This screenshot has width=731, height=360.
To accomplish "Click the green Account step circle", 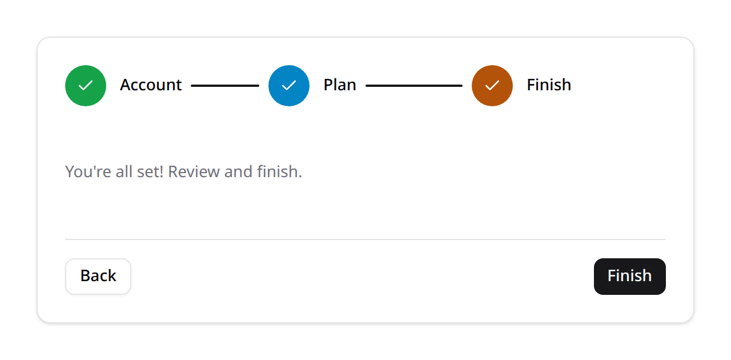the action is pos(86,86).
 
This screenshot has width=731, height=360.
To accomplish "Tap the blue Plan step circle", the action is pos(289,86).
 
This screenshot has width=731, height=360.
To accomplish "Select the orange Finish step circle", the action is pos(492,86).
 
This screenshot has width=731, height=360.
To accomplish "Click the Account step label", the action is pos(151,85).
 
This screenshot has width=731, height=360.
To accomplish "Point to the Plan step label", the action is pos(340,85).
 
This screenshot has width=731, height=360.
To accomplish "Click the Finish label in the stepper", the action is pos(549,85).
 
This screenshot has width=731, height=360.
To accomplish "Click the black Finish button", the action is pos(630,277).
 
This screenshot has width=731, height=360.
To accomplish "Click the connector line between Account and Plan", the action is pos(225,86).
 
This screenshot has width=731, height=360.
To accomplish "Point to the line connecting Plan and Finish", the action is pos(414,86).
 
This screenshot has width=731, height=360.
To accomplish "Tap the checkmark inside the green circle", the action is pos(86,86).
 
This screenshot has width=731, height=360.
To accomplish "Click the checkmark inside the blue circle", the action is pos(289,86).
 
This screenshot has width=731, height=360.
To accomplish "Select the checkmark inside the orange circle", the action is pos(492,86).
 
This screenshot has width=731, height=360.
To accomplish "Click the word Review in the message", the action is pos(194,172).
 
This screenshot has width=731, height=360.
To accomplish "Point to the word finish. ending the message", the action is pos(280,172).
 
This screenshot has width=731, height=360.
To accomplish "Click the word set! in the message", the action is pos(150,172).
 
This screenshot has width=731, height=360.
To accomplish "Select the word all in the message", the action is pos(124,172).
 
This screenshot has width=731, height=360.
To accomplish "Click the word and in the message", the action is pos(238,172).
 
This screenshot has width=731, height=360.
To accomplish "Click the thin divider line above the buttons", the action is pos(365,239).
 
